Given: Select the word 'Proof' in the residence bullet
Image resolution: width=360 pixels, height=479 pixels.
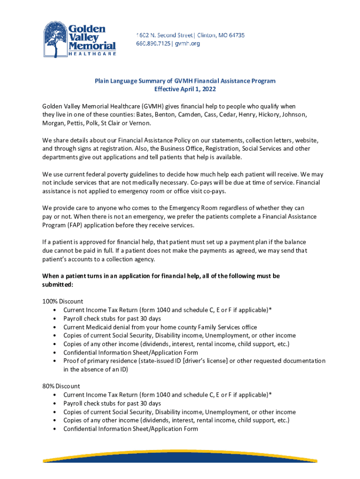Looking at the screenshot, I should tap(72, 361).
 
